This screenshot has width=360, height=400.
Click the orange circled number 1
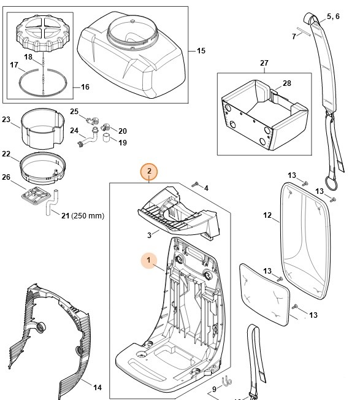(148, 261)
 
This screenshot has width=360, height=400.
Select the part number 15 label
(201, 51)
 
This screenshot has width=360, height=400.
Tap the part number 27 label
(264, 63)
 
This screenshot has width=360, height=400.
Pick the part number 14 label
(97, 387)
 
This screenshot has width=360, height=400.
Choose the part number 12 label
(267, 215)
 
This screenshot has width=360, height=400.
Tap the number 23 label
(6, 120)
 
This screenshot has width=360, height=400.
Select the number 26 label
(6, 178)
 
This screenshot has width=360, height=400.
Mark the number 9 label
(215, 390)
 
